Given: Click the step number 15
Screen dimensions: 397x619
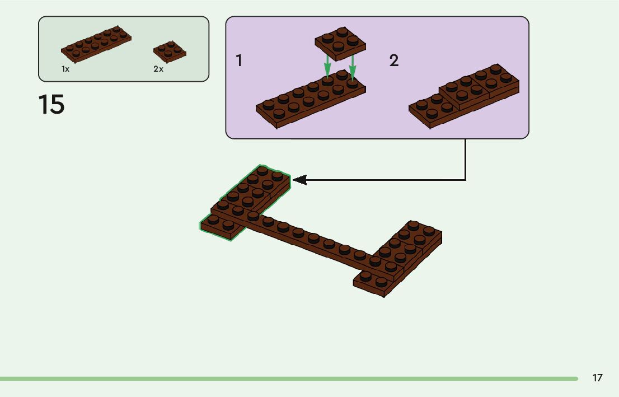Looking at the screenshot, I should tap(51, 105).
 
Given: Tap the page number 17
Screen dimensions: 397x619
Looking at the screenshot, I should tap(597, 378).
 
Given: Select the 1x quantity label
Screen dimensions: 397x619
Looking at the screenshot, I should tap(65, 69).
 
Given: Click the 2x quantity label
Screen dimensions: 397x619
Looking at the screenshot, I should tap(158, 69).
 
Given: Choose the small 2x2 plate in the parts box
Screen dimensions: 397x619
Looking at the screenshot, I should tap(170, 51).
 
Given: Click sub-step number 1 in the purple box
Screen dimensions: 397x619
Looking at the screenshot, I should tap(239, 60).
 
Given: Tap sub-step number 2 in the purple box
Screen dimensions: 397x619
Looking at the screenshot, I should tap(394, 61).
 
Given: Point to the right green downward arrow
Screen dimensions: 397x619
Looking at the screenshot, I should tap(352, 66).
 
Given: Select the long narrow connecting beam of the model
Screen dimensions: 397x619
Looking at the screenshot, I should tap(313, 241).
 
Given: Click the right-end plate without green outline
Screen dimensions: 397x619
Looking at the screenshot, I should tap(400, 258).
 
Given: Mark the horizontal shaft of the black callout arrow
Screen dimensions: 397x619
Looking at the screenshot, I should tap(386, 180).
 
